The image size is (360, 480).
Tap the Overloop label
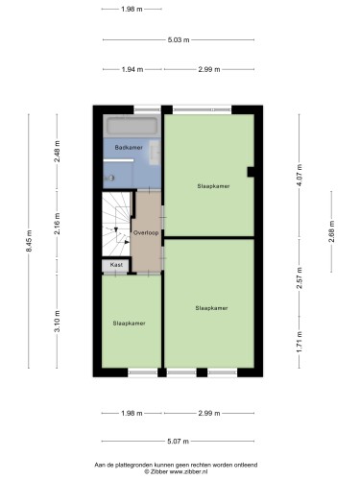coord(146,233)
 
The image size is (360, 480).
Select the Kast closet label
coord(116,265)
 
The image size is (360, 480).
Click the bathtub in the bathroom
coord(132,126)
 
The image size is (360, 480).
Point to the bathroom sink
coord(156,153)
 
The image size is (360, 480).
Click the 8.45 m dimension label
coord(29,241)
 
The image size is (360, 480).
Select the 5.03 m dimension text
coord(179,40)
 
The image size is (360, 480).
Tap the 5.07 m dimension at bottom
coord(179,442)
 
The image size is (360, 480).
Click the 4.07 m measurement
coord(300,176)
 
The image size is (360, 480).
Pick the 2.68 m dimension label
coord(331,231)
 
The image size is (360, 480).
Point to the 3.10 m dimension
coord(58,322)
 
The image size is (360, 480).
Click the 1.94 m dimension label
coord(132,69)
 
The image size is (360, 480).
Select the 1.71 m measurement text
coord(300,342)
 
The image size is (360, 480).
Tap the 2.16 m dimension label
coord(58,224)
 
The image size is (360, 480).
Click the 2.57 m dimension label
coord(300,277)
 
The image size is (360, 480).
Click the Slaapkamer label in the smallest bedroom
coord(129,324)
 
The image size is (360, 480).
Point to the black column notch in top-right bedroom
coord(251,172)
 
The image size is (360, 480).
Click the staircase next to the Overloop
coord(116,224)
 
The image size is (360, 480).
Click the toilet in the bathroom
coord(109,178)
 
